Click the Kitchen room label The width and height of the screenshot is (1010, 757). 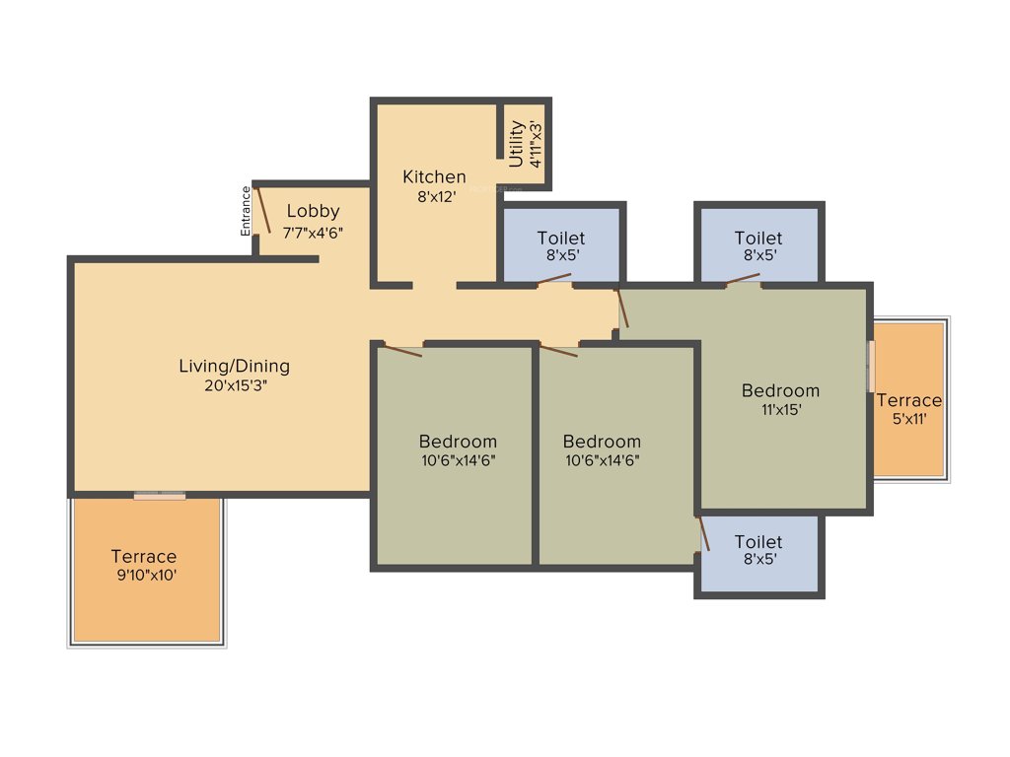434,177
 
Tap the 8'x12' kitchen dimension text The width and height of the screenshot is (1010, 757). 434,195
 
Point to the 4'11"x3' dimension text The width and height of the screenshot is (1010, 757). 536,144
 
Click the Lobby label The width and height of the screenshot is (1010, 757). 313,211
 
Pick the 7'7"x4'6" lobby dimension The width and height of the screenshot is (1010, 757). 313,233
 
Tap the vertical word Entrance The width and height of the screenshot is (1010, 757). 246,210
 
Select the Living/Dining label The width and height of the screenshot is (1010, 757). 235,367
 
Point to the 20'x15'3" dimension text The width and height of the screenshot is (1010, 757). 235,386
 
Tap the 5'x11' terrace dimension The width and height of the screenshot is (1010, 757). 909,419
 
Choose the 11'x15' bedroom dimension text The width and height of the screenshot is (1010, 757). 780,410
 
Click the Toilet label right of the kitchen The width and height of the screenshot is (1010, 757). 561,239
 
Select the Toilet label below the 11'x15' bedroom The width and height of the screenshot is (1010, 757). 758,542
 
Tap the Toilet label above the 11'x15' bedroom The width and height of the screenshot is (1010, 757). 758,239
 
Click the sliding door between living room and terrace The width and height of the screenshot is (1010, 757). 159,496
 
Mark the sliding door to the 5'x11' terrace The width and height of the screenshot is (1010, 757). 871,367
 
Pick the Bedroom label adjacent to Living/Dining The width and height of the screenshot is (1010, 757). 458,442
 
